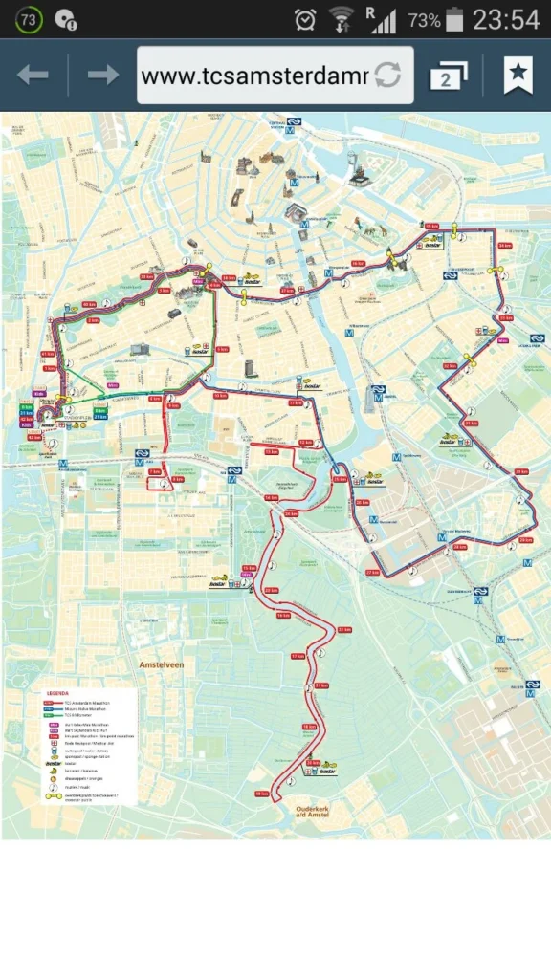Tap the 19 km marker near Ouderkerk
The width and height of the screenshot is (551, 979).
(261, 794)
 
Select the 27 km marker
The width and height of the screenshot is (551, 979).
(373, 572)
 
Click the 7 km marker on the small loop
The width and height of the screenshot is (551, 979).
(155, 471)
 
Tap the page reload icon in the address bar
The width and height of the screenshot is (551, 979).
(387, 76)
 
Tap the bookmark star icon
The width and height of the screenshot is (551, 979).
(518, 76)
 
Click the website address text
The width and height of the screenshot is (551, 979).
(253, 76)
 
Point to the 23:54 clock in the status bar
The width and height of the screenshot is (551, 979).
(506, 19)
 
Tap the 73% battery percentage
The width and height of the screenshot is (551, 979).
(424, 20)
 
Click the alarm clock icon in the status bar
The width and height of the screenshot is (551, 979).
(305, 19)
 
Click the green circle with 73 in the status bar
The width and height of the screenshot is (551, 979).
(29, 19)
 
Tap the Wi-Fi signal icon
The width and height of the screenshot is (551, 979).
(341, 19)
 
